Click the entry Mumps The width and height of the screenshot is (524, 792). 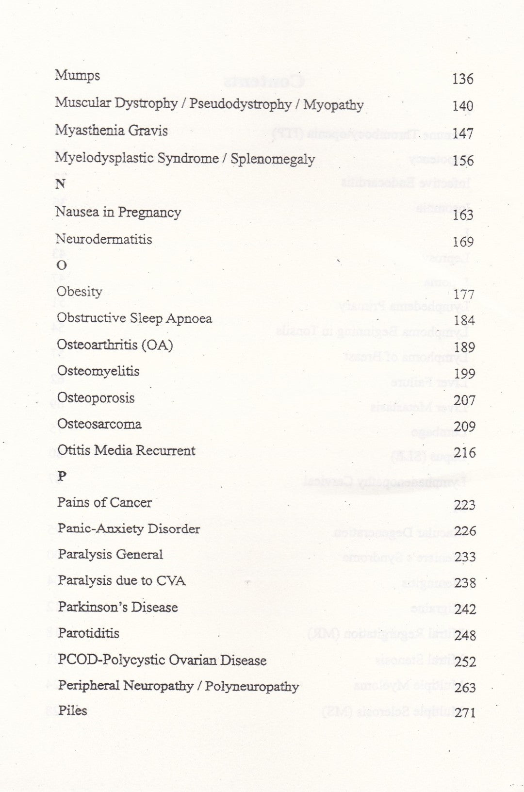tap(78, 76)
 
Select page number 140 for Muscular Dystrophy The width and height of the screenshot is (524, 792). tap(462, 106)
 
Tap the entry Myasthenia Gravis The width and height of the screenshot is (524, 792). tap(111, 131)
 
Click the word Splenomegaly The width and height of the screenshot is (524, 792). tap(273, 159)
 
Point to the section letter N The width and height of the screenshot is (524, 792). tap(60, 184)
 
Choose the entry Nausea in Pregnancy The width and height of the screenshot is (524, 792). tap(118, 212)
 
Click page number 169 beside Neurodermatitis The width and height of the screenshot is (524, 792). tap(463, 241)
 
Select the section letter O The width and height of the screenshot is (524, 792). tap(62, 265)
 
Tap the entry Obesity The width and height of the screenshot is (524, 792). tap(80, 292)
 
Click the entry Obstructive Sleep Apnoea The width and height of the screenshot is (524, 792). tap(134, 318)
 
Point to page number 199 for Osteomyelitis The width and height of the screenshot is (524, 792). tap(464, 374)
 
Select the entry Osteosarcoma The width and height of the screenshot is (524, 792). tap(99, 424)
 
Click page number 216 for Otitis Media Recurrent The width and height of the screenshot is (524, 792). tap(465, 453)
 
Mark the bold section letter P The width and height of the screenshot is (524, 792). tap(61, 477)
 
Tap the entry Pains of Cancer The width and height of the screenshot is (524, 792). tap(104, 502)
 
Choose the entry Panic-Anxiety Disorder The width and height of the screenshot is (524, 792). tap(129, 528)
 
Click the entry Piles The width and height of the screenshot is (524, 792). tap(73, 711)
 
